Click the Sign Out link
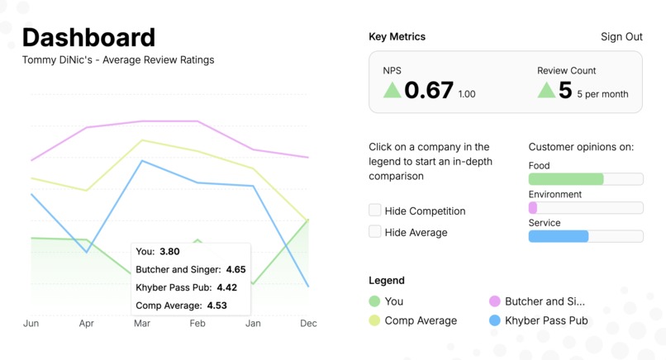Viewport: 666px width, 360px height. coord(621,36)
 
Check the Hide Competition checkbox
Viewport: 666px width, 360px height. coord(375,211)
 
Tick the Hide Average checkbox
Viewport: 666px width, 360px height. coord(375,232)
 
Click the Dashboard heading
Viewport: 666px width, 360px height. coord(88,37)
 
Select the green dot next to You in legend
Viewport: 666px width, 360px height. coord(374,301)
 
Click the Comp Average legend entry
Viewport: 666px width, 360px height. coord(420,320)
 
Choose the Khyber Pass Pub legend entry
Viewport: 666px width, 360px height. coord(545,320)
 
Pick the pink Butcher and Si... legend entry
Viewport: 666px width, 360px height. coord(544,301)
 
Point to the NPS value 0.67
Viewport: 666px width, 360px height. coord(429,90)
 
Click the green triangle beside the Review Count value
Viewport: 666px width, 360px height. coord(546,90)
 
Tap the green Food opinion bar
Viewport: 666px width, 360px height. coord(566,179)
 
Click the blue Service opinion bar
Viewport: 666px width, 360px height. coord(559,236)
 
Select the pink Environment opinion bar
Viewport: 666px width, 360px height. coord(533,208)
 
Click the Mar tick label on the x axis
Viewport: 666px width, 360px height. coord(142,324)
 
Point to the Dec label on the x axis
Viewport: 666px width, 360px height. coord(308,324)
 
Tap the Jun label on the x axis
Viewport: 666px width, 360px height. coord(31,324)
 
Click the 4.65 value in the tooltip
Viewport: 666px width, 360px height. coord(235,270)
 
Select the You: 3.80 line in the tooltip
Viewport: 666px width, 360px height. coord(158,252)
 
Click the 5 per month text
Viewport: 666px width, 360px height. coord(602,94)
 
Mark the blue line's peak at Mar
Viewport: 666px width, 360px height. coord(143,161)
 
